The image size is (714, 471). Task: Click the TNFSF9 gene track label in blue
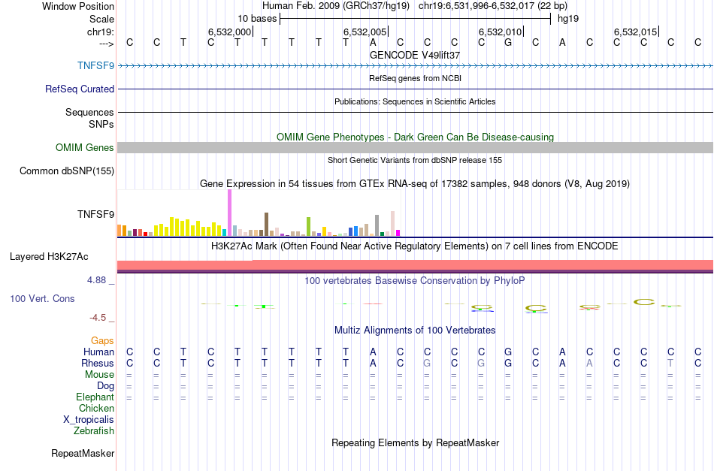click(x=95, y=65)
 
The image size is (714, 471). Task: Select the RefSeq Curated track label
click(x=80, y=89)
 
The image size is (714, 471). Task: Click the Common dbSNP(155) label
click(x=67, y=171)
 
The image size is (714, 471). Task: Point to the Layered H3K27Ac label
click(x=49, y=257)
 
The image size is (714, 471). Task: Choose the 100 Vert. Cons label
click(x=42, y=299)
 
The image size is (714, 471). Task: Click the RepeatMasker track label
click(x=83, y=454)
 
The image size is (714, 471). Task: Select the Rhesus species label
click(x=98, y=364)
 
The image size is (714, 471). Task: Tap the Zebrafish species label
click(x=94, y=431)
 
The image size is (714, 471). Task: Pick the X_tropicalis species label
click(x=89, y=420)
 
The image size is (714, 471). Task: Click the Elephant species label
click(x=95, y=397)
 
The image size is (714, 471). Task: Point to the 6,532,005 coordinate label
click(x=365, y=32)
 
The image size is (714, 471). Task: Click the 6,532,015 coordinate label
click(x=635, y=32)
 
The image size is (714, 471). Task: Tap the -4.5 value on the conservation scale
click(x=101, y=318)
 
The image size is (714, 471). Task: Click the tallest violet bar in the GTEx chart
click(x=229, y=213)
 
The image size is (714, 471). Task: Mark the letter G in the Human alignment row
click(x=508, y=352)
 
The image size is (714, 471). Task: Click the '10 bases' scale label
click(x=257, y=18)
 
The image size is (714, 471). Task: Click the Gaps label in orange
click(x=102, y=341)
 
